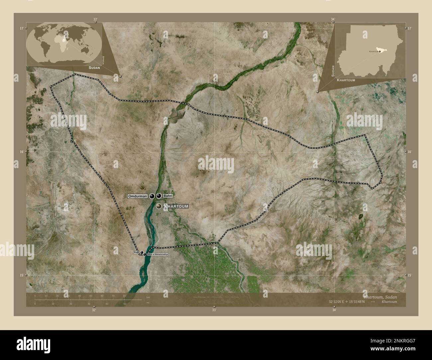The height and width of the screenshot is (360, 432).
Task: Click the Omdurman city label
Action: (138, 196)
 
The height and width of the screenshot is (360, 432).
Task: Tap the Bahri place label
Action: (167, 196)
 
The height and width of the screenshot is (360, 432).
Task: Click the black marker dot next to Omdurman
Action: (152, 196)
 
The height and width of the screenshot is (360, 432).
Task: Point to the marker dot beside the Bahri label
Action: (159, 196)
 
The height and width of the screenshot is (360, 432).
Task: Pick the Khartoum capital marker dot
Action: (159, 206)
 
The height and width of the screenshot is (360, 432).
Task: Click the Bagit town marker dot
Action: (142, 253)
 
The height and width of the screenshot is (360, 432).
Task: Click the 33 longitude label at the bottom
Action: (214, 310)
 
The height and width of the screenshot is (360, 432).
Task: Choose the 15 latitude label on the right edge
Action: (410, 275)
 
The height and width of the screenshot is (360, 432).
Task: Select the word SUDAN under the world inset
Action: (94, 67)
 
